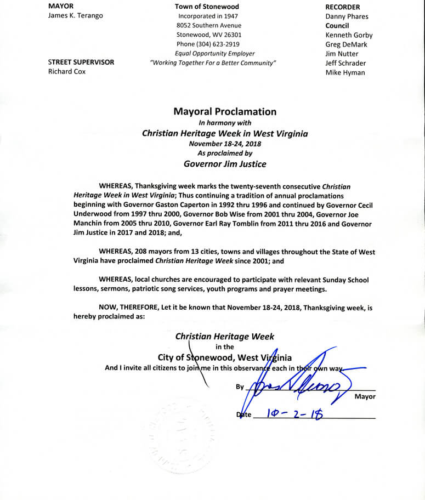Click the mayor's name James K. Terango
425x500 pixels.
click(75, 15)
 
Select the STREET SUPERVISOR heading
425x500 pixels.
click(81, 62)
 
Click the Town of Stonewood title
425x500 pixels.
click(207, 7)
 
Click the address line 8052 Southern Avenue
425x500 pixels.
click(208, 25)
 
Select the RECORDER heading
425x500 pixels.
click(343, 7)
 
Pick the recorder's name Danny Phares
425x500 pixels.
click(347, 16)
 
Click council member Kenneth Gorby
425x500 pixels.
click(349, 35)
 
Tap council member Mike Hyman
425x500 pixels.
click(345, 72)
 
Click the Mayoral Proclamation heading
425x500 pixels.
click(225, 111)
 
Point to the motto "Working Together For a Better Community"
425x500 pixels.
click(213, 63)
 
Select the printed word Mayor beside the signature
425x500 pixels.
click(365, 396)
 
